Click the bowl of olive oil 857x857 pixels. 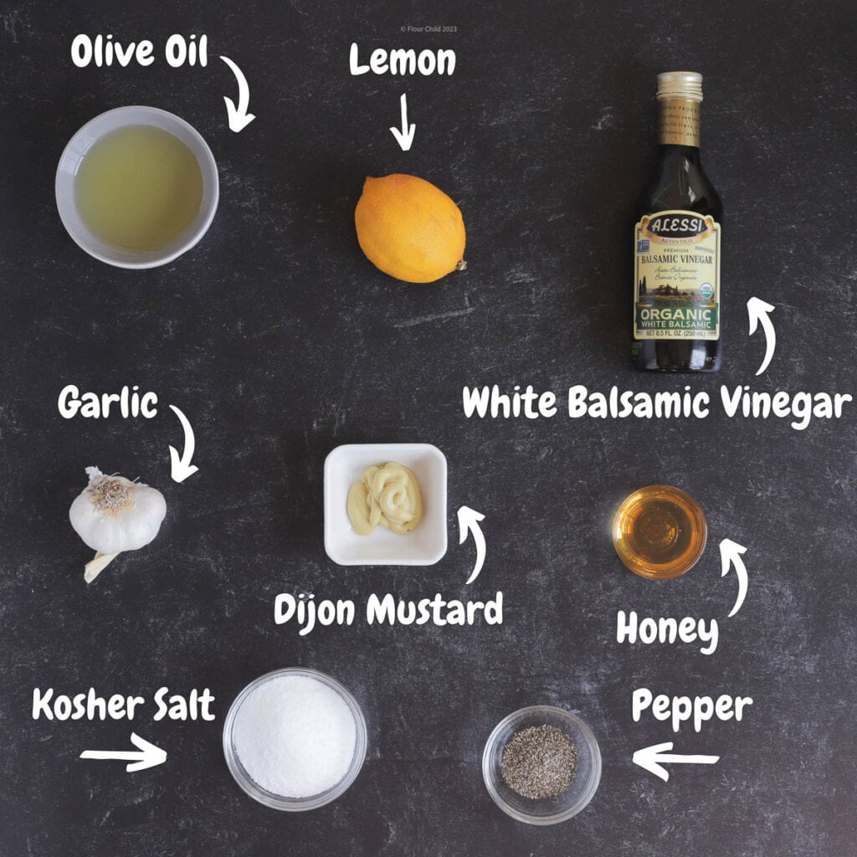click(x=136, y=187)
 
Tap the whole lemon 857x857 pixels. click(x=409, y=228)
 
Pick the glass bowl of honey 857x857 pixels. click(x=659, y=532)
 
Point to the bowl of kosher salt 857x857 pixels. click(x=295, y=737)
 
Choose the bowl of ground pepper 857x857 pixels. click(x=541, y=762)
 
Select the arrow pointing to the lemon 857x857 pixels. click(x=403, y=122)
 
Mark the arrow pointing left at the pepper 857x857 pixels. click(x=675, y=761)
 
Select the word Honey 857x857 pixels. click(x=667, y=629)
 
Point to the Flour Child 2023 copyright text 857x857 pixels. click(x=428, y=28)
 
